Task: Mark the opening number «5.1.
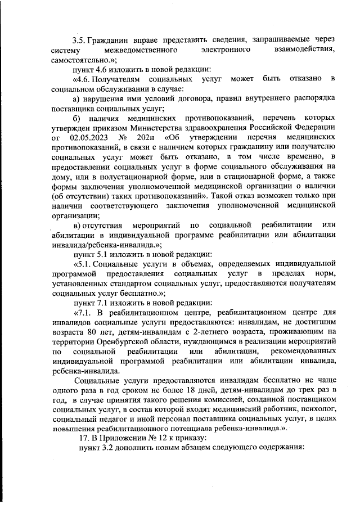coord(83,264)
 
